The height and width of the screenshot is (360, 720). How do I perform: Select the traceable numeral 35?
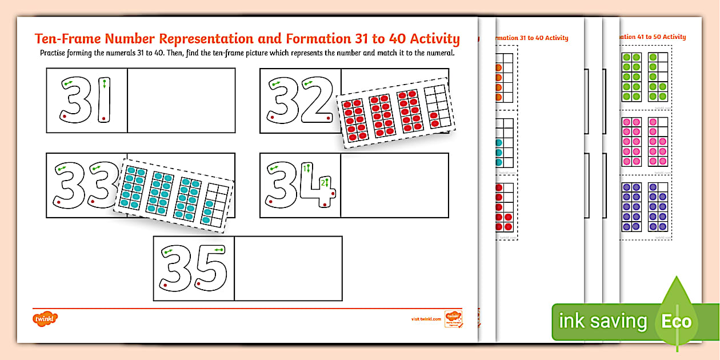194,268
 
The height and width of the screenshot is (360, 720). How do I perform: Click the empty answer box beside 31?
181,101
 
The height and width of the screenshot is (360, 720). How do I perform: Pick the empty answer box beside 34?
394,185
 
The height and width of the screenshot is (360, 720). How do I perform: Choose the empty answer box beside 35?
288,268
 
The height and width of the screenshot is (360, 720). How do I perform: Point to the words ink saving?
602,321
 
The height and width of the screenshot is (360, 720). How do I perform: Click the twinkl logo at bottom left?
46,317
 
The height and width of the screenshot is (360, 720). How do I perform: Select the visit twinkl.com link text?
426,319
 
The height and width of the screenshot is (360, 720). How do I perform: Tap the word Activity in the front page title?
434,39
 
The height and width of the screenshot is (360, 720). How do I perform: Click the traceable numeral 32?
301,101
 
